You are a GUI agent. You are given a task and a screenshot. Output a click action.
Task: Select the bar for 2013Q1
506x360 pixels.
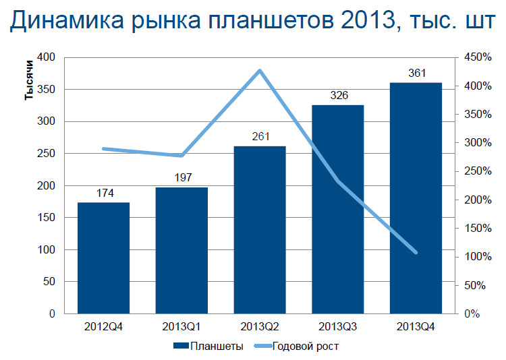coord(182,251)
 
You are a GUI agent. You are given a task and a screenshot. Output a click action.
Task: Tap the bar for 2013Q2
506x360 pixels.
coord(260,230)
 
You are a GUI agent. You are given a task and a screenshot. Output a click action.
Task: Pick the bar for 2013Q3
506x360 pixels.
coord(338,209)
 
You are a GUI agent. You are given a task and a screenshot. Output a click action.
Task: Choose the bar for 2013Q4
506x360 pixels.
coord(416,198)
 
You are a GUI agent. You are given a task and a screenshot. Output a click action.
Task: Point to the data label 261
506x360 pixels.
coord(260,137)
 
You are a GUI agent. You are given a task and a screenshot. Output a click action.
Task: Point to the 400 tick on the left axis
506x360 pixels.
coord(46,57)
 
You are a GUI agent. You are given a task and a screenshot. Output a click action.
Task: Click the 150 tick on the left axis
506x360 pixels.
coord(46,218)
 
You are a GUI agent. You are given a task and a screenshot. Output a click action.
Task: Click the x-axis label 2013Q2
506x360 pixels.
coord(260,327)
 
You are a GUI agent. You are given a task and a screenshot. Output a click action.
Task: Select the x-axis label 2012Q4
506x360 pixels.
coord(103,327)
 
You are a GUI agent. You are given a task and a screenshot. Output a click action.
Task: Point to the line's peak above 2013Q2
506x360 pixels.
coord(260,70)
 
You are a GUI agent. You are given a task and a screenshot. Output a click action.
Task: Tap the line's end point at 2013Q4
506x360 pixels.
coord(416,253)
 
